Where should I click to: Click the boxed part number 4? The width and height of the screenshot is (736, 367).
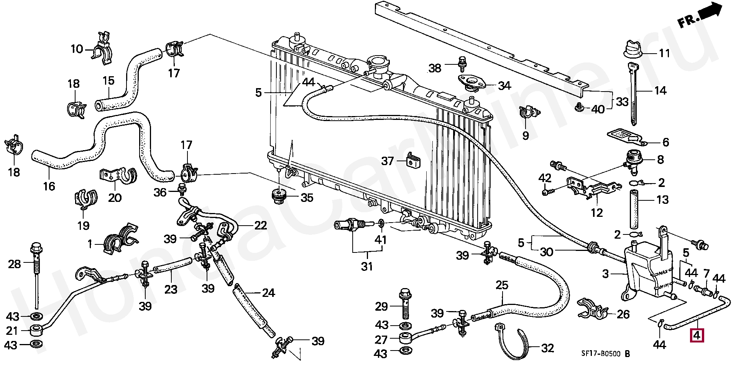[696, 336]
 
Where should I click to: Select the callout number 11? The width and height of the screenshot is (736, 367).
[664, 53]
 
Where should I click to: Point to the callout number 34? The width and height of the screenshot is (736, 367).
[505, 86]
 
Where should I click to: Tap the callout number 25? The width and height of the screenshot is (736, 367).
[502, 285]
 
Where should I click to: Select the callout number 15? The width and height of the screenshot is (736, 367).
[108, 80]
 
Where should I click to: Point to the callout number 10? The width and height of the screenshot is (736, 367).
[77, 49]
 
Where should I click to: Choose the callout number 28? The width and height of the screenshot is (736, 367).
[15, 264]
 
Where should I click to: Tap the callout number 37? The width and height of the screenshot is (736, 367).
[388, 161]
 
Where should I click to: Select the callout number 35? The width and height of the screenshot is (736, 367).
[307, 198]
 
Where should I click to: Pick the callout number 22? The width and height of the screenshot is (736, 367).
[260, 226]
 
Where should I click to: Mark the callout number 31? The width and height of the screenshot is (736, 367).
[367, 266]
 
